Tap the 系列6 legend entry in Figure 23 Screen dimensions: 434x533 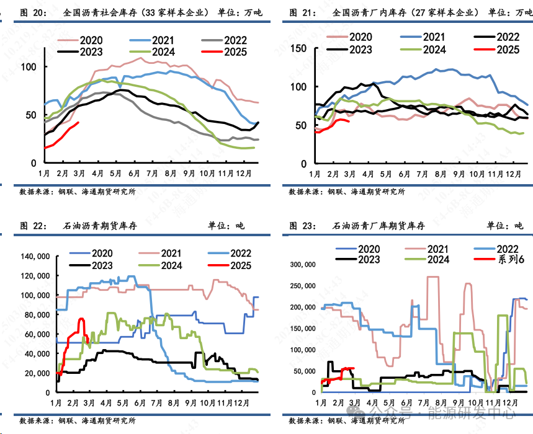[511, 259]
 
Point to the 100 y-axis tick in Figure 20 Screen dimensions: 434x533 [30, 67]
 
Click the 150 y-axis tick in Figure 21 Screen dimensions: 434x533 [299, 48]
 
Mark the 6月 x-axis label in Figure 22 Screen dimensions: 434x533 [137, 403]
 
